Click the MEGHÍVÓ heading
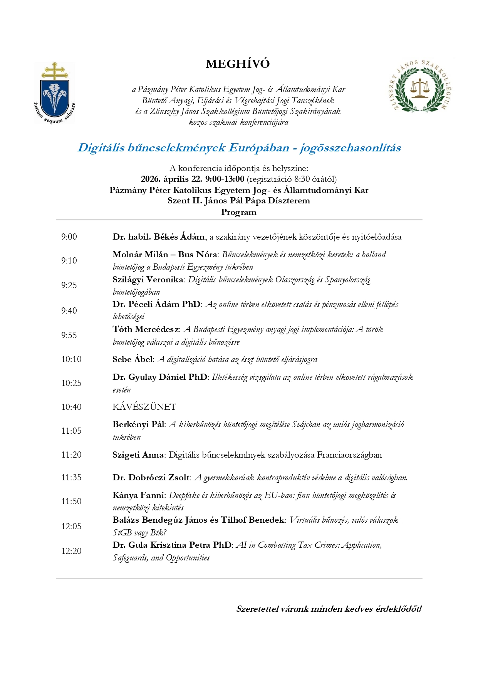[x=238, y=64]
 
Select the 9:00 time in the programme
[x=69, y=237]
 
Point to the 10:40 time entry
[x=71, y=407]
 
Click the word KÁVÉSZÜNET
[x=144, y=407]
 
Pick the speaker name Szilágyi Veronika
[x=148, y=280]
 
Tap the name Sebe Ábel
[x=132, y=359]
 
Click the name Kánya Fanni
[x=138, y=495]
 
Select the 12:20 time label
[x=71, y=551]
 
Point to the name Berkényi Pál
[x=138, y=424]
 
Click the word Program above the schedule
[x=238, y=212]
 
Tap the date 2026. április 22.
[x=172, y=179]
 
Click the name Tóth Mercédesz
[x=146, y=329]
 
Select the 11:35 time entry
[x=71, y=478]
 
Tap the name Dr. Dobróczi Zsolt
[x=151, y=478]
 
